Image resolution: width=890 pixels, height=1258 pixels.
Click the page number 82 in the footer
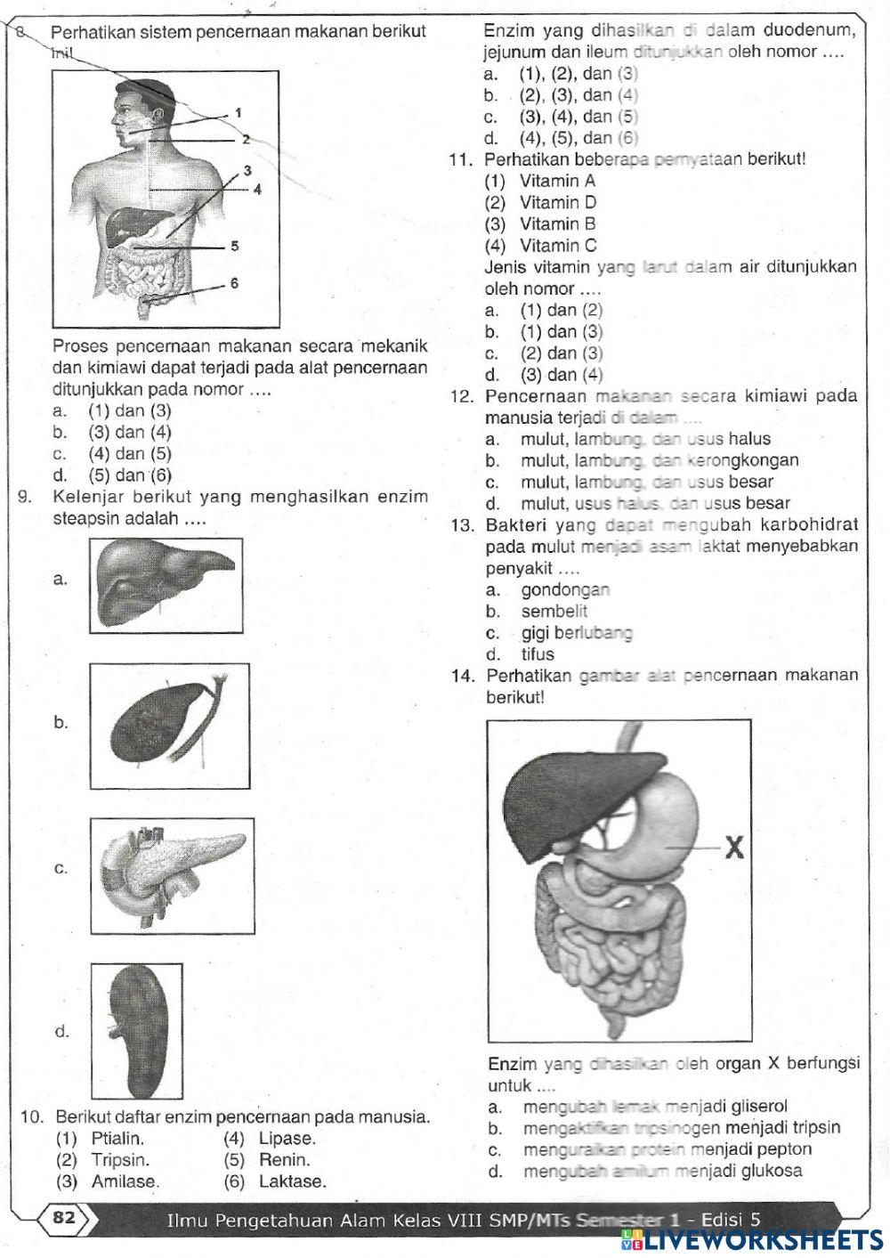[64, 1217]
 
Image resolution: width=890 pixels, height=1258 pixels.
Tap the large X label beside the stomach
[734, 848]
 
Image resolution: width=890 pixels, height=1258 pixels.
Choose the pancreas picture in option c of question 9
[171, 875]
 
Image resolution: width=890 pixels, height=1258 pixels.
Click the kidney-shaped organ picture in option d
[142, 1029]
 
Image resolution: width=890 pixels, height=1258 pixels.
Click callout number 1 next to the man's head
[239, 113]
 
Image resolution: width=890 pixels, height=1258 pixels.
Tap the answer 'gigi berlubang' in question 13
[577, 633]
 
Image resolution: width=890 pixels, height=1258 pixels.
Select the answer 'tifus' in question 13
[538, 654]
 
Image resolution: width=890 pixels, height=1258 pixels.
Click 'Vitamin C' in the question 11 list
[558, 246]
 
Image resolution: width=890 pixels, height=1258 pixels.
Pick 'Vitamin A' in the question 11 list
[558, 181]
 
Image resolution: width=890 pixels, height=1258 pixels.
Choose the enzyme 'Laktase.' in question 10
[292, 1181]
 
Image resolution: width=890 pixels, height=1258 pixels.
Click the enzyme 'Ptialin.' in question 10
[117, 1139]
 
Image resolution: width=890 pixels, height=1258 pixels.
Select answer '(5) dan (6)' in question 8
[130, 475]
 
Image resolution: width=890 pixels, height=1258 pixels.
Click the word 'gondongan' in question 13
[565, 589]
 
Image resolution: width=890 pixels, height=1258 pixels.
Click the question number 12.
[464, 397]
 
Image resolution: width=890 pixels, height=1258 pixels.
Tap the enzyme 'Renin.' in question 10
[285, 1160]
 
